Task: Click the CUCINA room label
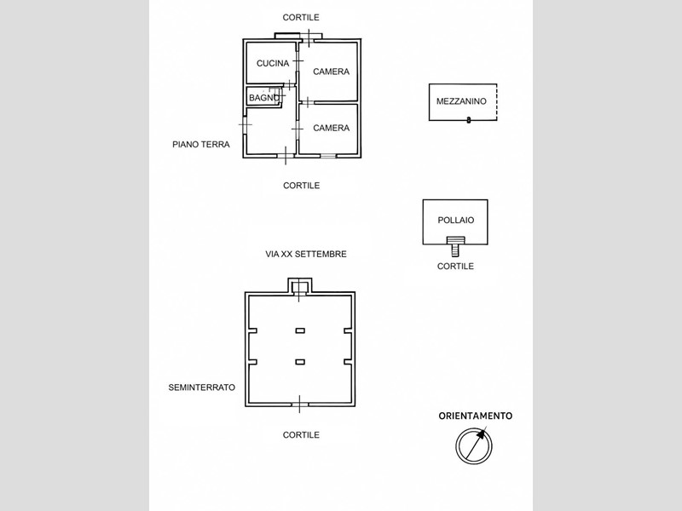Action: pyautogui.click(x=273, y=63)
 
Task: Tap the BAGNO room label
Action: pyautogui.click(x=264, y=98)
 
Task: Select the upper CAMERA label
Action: pyautogui.click(x=331, y=72)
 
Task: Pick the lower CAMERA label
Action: pyautogui.click(x=331, y=128)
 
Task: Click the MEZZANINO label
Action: pyautogui.click(x=461, y=101)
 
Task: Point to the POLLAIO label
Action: pyautogui.click(x=456, y=221)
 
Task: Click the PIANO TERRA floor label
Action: pyautogui.click(x=201, y=144)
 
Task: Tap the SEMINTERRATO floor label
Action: pyautogui.click(x=202, y=388)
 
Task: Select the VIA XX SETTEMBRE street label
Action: pyautogui.click(x=306, y=254)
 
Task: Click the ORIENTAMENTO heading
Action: pyautogui.click(x=476, y=416)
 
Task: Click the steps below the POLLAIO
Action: pyautogui.click(x=455, y=246)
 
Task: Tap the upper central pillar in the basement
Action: pyautogui.click(x=300, y=330)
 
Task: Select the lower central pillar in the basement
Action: pyautogui.click(x=300, y=362)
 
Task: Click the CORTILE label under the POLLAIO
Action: pyautogui.click(x=455, y=266)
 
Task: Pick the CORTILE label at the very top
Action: pyautogui.click(x=301, y=17)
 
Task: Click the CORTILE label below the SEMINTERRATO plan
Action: pyautogui.click(x=301, y=434)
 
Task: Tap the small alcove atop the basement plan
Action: pyautogui.click(x=300, y=286)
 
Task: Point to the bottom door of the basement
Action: pyautogui.click(x=300, y=405)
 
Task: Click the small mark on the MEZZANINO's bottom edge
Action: pyautogui.click(x=468, y=120)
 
